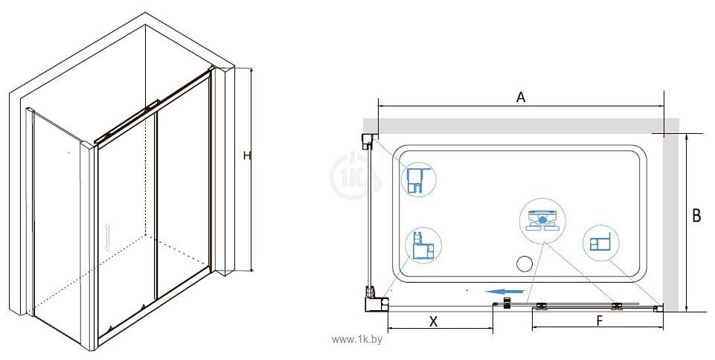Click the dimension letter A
coord(521,97)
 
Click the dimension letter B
coord(696,216)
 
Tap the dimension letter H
coord(247,156)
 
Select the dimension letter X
coord(433,321)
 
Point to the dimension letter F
coord(600,321)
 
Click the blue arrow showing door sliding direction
coord(504,291)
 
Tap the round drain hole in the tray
coord(525,263)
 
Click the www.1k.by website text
coord(357,339)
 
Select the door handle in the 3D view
coord(108,237)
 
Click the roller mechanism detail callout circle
coord(542,221)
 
